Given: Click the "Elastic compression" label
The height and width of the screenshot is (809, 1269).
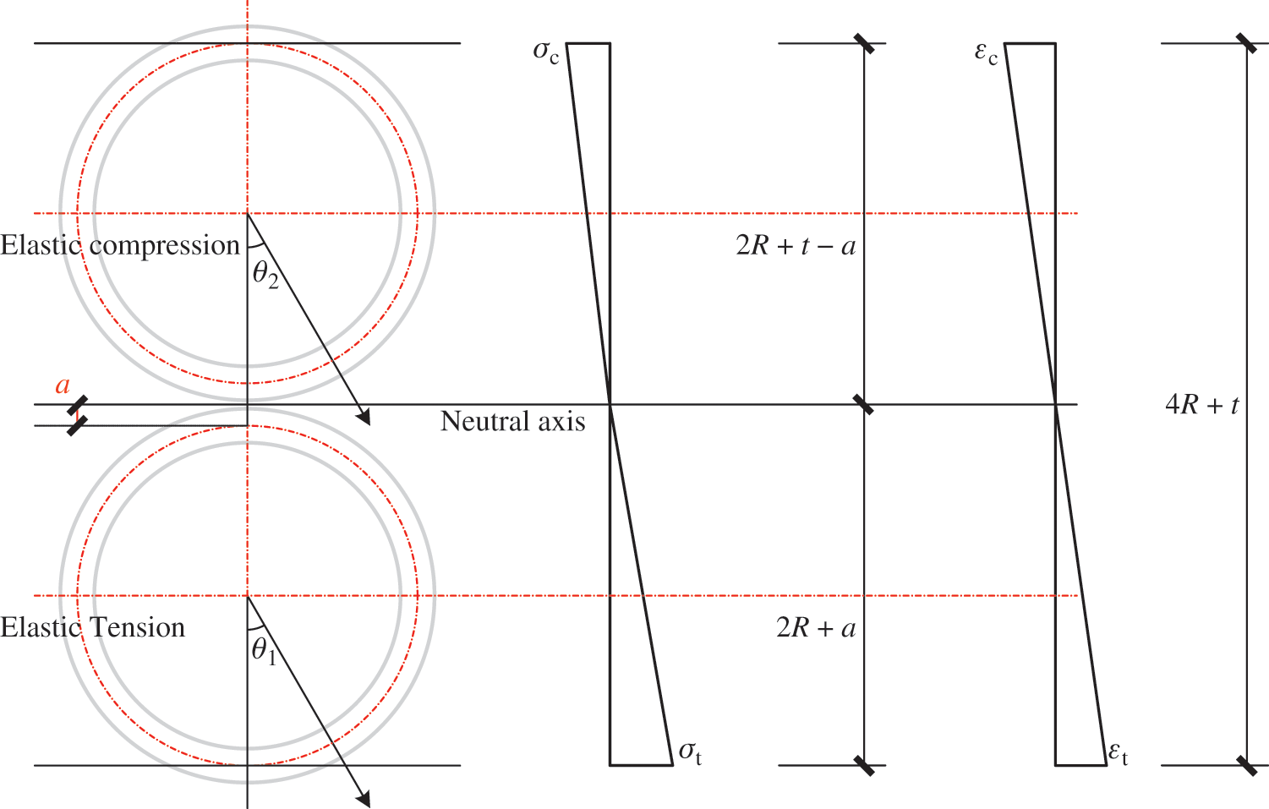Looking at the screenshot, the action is [120, 246].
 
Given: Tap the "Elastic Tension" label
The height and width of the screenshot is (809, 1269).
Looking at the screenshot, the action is [93, 628].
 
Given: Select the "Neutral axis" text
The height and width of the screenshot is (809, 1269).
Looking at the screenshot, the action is [512, 422].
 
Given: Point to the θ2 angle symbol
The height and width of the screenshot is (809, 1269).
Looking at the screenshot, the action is [265, 276].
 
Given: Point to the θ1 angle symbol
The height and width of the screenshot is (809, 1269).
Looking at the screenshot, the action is [264, 652].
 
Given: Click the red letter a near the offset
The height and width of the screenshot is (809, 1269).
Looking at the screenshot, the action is [63, 385].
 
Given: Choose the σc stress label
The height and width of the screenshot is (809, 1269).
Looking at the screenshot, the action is [546, 52].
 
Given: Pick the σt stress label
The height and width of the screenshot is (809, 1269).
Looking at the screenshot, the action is [691, 753].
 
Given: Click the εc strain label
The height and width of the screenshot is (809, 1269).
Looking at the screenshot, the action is [987, 54].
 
